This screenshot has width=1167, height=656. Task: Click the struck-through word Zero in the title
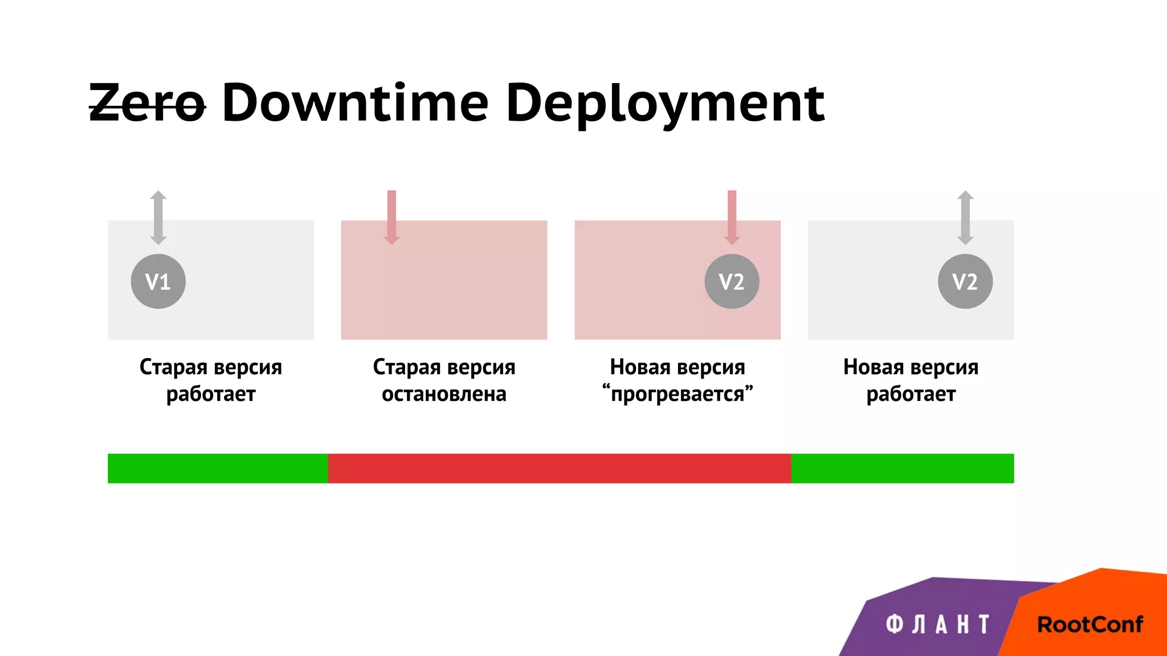[x=147, y=104]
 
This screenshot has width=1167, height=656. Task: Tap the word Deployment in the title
[x=665, y=104]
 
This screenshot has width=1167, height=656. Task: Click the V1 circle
[x=158, y=281]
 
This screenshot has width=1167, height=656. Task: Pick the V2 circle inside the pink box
[x=732, y=281]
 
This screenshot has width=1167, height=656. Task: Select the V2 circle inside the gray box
[x=965, y=281]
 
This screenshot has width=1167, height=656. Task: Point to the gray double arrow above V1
[x=158, y=218]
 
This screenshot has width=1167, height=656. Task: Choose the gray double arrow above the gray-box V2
[x=965, y=218]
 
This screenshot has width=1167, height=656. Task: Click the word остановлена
[x=444, y=394]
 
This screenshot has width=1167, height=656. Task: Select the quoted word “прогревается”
[x=678, y=394]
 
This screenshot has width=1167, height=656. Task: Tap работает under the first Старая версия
[x=211, y=394]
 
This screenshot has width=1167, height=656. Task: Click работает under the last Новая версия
[x=911, y=394]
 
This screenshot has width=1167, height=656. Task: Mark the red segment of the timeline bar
[x=559, y=469]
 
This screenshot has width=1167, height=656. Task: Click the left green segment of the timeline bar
[x=218, y=469]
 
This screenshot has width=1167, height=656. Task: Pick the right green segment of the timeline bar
[x=902, y=469]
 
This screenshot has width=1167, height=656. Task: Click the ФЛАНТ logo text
[x=937, y=625]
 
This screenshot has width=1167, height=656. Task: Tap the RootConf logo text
[x=1090, y=625]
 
